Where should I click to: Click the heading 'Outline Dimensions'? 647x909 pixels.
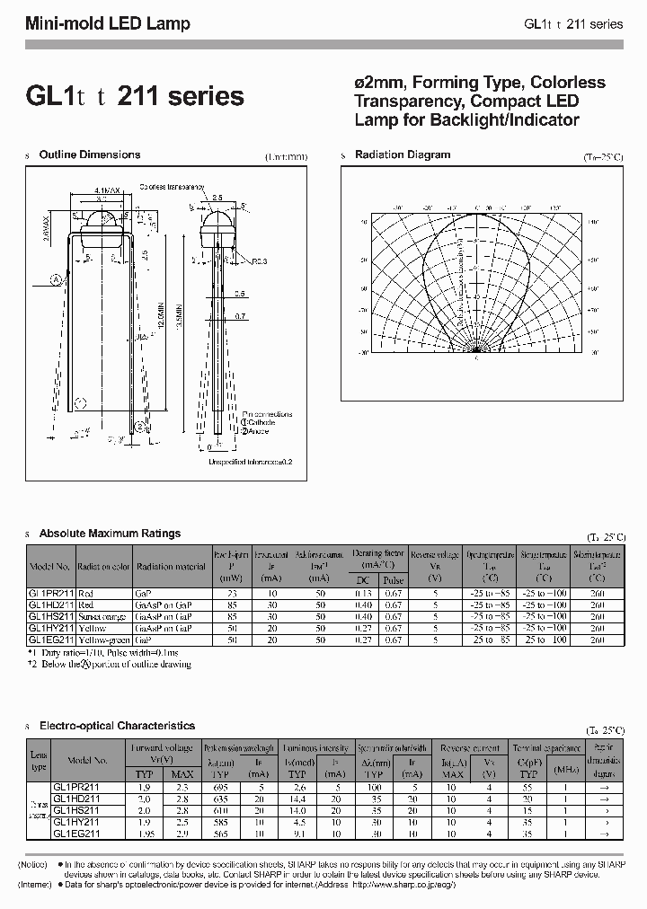point(90,154)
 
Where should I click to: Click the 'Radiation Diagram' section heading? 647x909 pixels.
point(402,154)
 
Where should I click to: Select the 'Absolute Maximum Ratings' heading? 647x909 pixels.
point(110,534)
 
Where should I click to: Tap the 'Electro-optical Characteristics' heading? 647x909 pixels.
point(117,725)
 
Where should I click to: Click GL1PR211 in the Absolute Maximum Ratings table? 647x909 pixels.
point(50,594)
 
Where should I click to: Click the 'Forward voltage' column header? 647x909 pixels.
point(164,746)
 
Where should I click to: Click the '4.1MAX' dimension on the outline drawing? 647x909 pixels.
point(107,190)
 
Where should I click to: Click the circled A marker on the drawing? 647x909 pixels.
point(55,279)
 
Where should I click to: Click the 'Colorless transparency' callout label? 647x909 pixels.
point(170,187)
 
